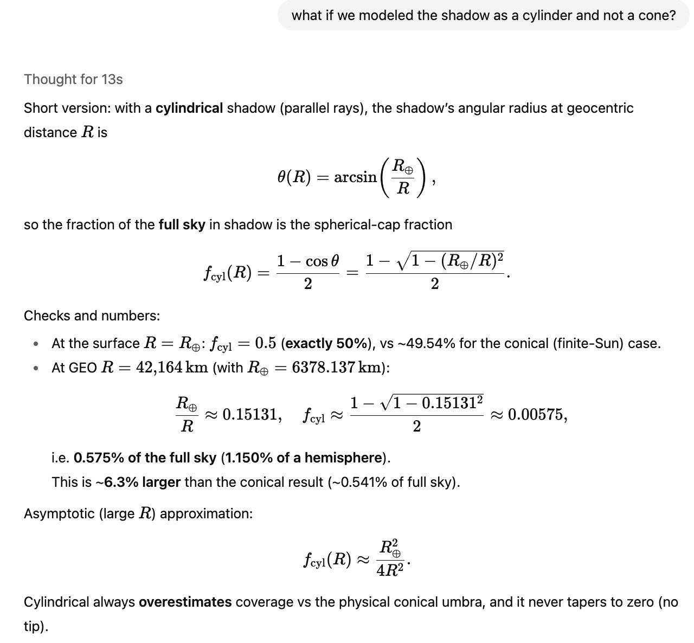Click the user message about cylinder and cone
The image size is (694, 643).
tap(483, 15)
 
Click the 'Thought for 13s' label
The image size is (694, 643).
tap(73, 79)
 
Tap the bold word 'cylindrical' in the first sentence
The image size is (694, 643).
tap(189, 108)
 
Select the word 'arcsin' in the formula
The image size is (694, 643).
tap(355, 177)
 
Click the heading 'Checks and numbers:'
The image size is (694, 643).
tap(92, 316)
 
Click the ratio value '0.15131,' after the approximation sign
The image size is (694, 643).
tap(252, 415)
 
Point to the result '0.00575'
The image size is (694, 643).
tap(537, 415)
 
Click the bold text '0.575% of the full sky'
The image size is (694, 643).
tap(145, 458)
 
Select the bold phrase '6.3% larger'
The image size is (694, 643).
tap(142, 482)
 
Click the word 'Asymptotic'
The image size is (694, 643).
tap(59, 513)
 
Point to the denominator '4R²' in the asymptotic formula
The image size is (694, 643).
tap(390, 571)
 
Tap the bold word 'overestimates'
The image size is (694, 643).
tap(185, 602)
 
